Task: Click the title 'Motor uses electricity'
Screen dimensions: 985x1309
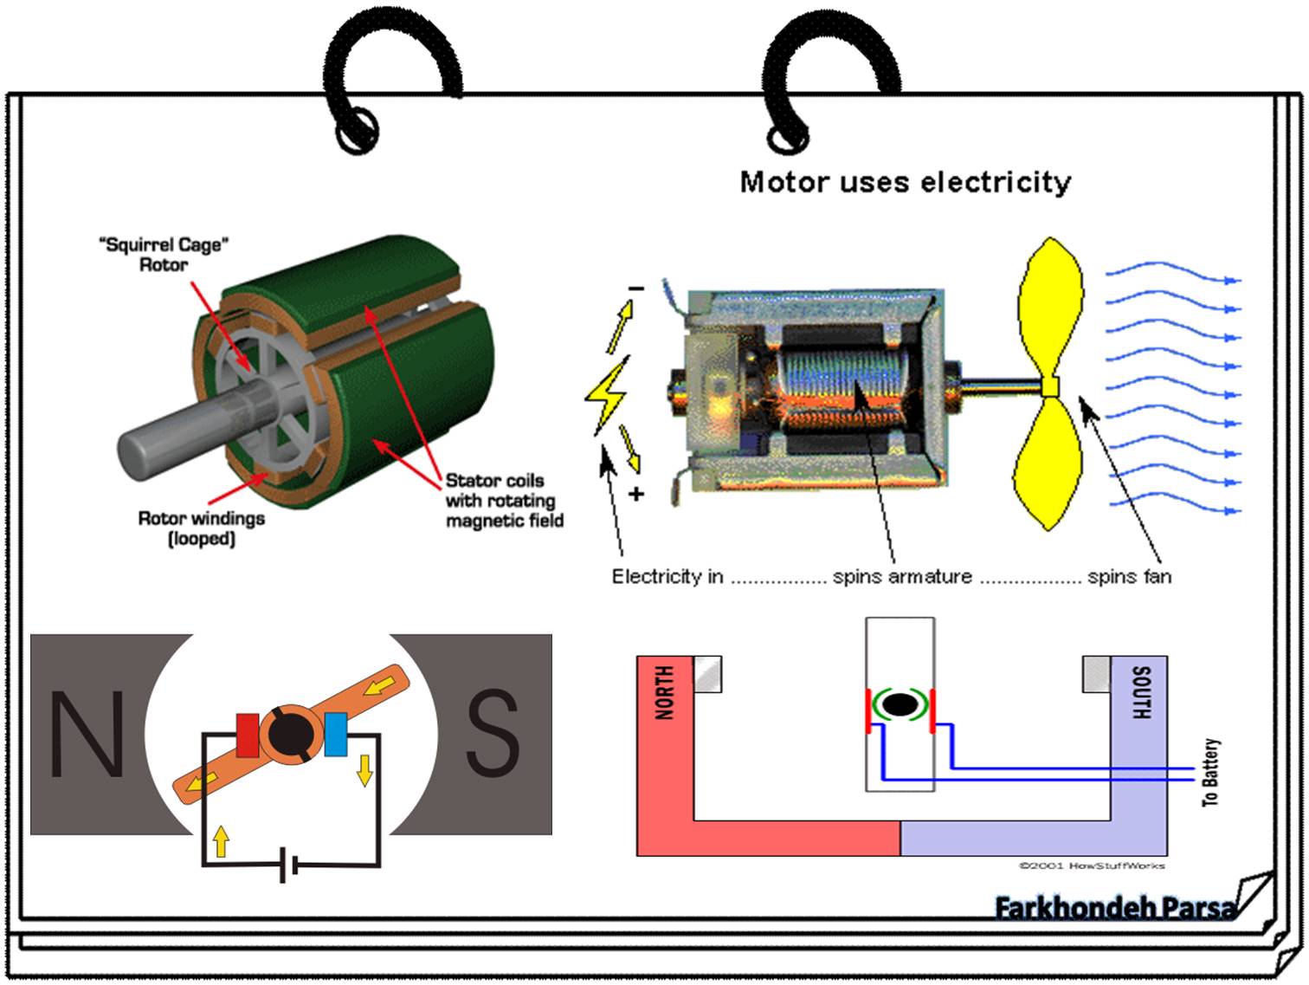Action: click(905, 182)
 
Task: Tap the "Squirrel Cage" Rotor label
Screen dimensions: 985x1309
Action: click(164, 255)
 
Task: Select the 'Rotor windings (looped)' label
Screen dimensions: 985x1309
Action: click(201, 528)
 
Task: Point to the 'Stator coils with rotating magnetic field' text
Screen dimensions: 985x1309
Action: click(504, 501)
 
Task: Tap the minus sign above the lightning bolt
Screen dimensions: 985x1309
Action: click(636, 288)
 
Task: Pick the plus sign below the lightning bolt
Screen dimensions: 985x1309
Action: click(637, 495)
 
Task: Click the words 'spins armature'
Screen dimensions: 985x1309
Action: click(902, 577)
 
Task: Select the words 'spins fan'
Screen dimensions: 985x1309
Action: click(1129, 577)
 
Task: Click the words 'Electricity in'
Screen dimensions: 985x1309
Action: click(667, 577)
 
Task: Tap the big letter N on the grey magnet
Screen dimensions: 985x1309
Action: click(87, 735)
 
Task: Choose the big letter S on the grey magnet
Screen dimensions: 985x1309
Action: click(493, 735)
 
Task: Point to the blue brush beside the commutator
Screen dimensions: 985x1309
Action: click(335, 735)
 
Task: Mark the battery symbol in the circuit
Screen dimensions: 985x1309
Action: click(289, 865)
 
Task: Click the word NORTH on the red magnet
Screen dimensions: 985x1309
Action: click(664, 693)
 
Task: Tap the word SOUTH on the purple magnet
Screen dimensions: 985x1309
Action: click(1140, 693)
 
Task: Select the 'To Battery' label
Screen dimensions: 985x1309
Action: click(1210, 773)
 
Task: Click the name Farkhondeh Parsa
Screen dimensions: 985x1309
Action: click(1115, 908)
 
